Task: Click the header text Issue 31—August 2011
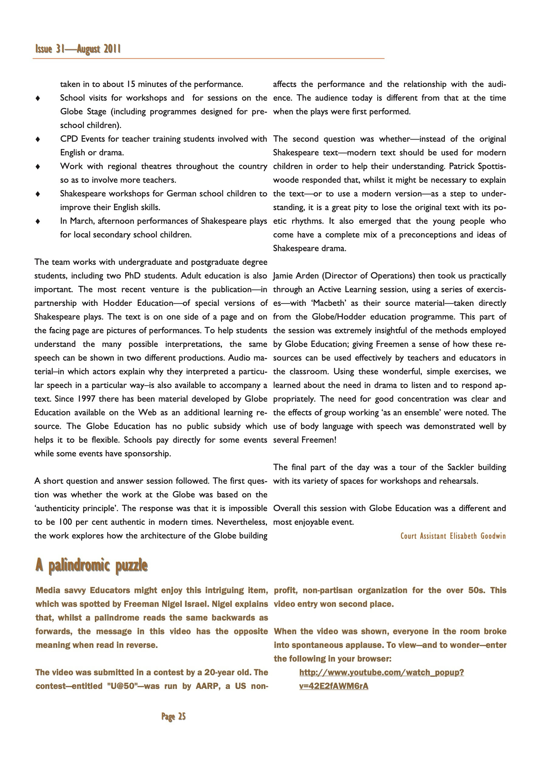coord(78,49)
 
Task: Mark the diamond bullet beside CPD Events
coord(38,139)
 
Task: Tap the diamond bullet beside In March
coord(38,221)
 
